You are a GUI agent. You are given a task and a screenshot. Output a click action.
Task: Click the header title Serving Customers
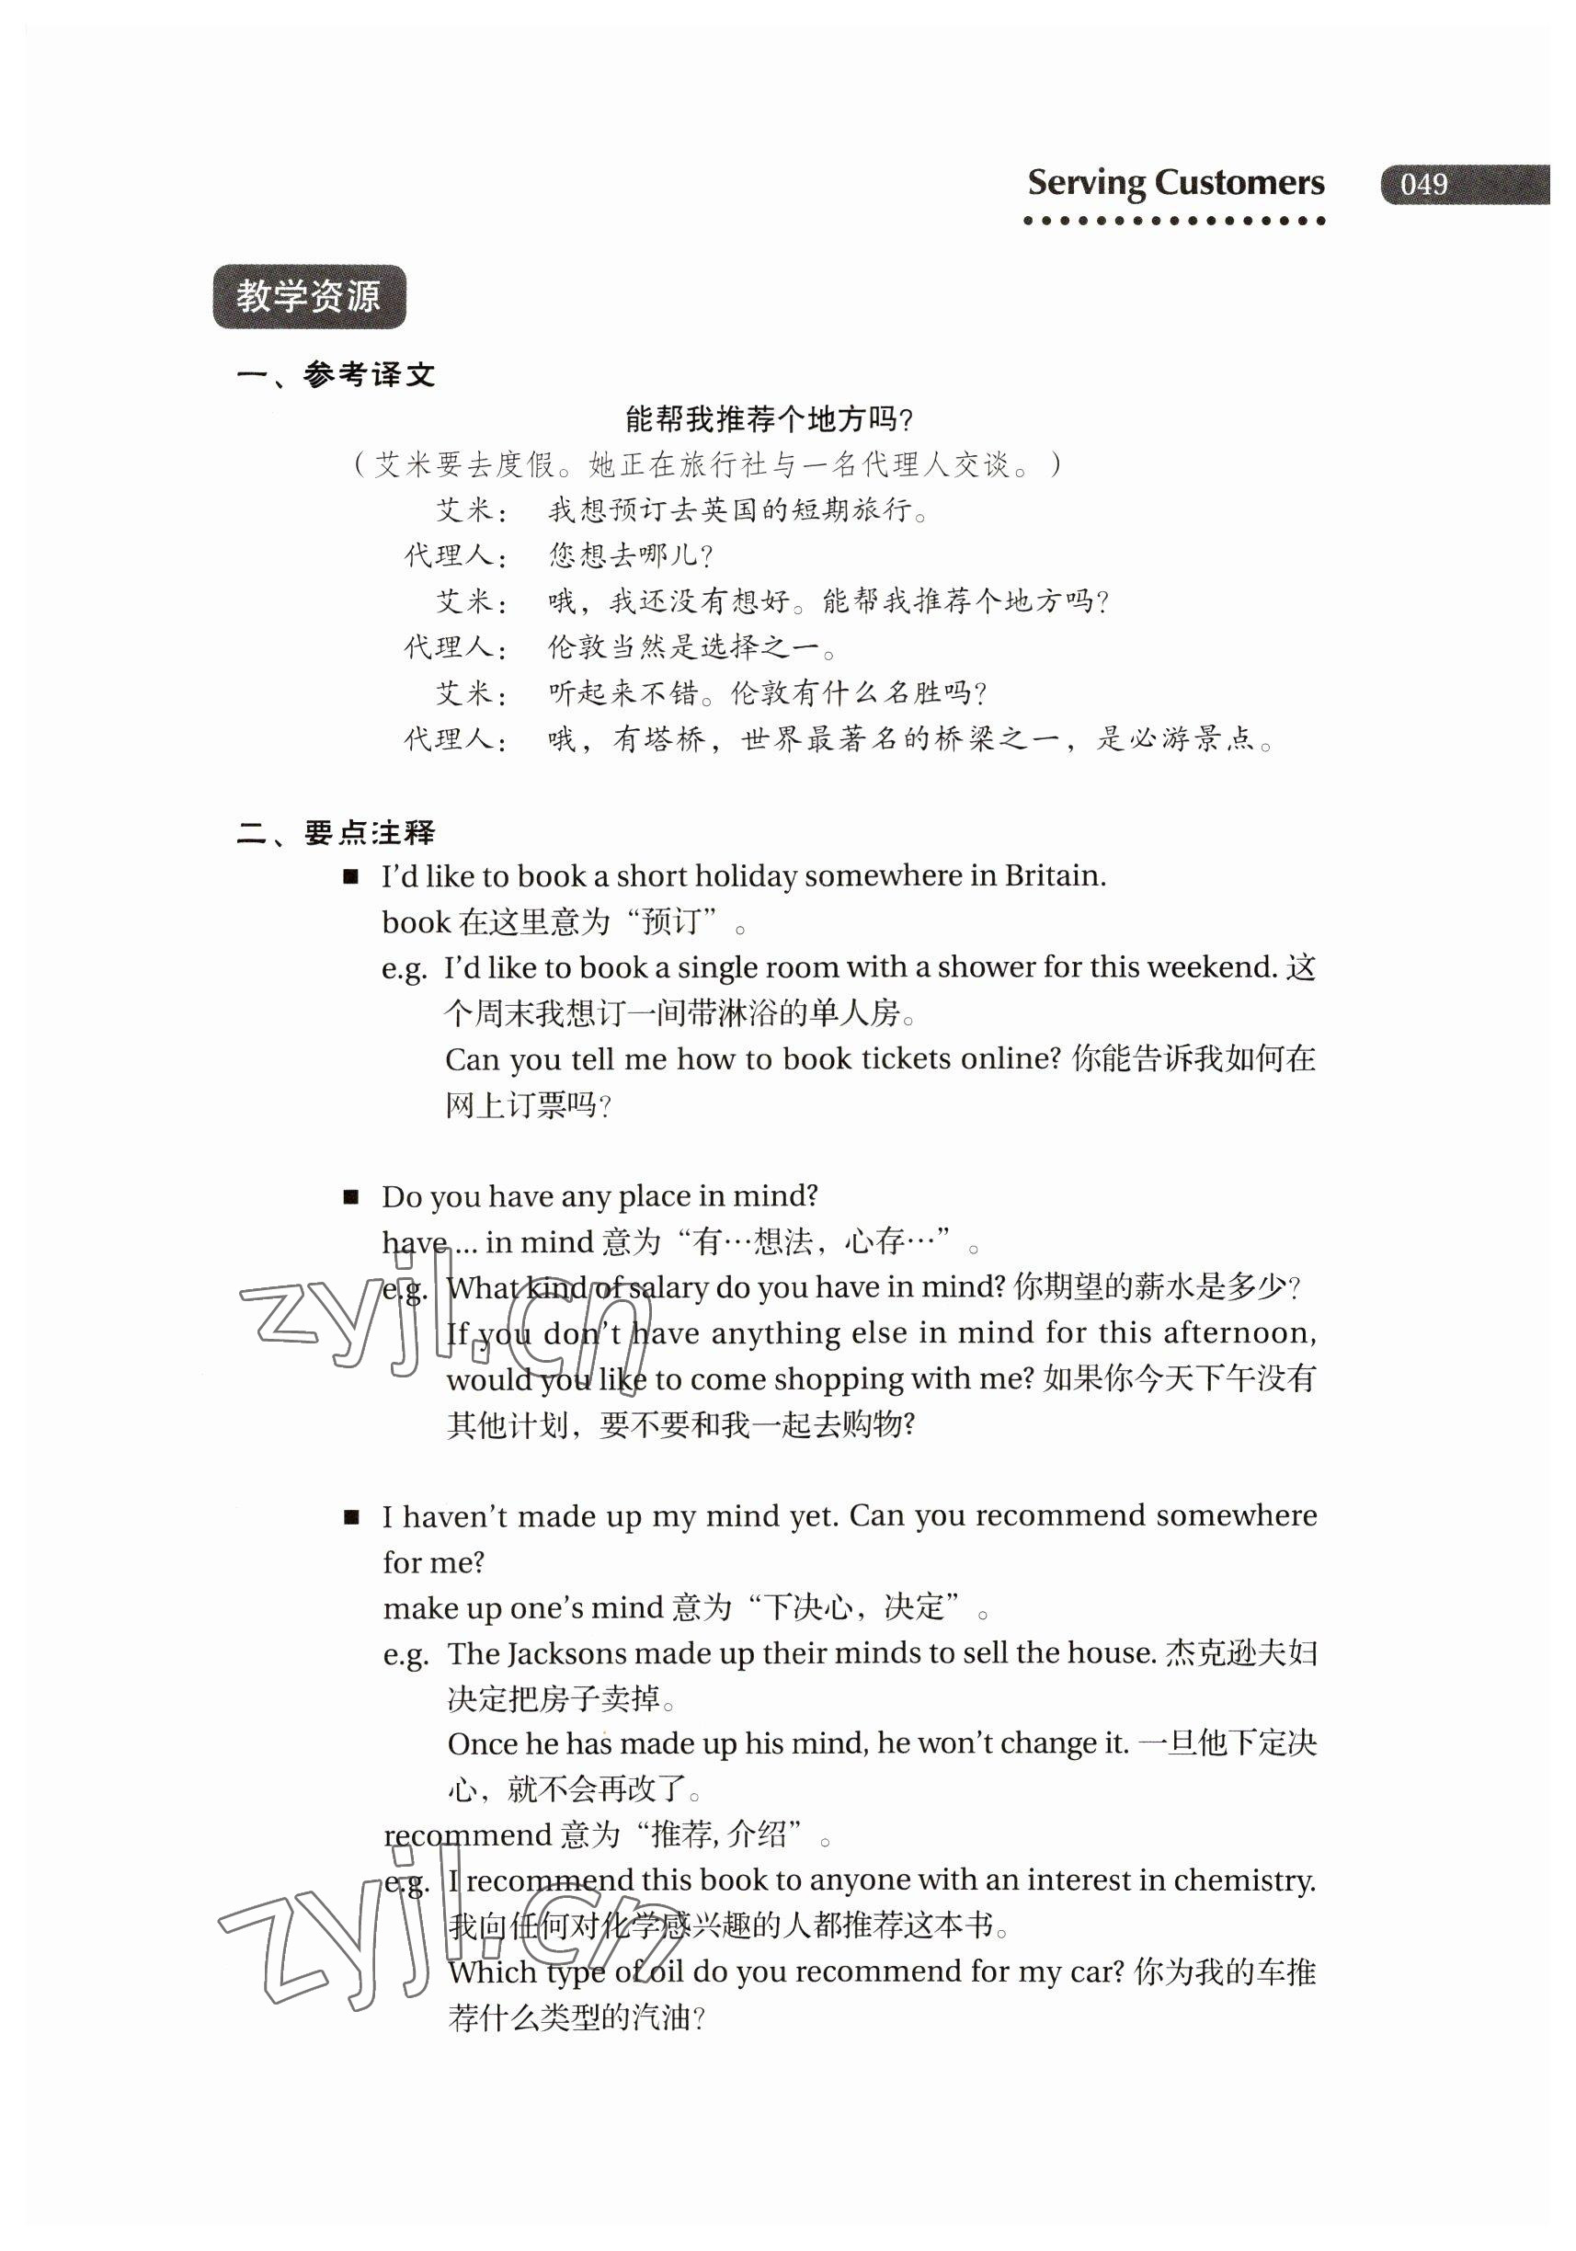(1174, 183)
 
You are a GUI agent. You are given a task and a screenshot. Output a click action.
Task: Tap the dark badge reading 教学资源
(309, 296)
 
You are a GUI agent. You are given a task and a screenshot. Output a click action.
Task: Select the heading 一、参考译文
(337, 374)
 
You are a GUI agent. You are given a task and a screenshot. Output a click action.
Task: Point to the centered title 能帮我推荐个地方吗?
(770, 419)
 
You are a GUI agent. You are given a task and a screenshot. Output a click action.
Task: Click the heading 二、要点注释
(337, 833)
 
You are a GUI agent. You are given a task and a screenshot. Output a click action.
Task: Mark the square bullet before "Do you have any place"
(351, 1197)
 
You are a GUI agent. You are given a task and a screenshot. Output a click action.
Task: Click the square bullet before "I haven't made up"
(351, 1517)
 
